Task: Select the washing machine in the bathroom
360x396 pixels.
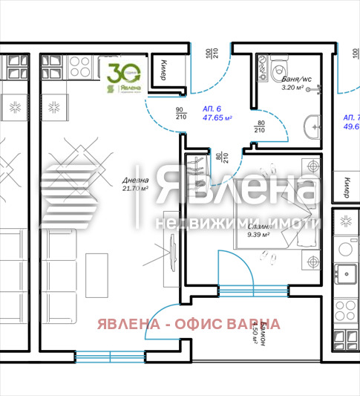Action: (x=264, y=68)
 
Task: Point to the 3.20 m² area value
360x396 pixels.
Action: (x=294, y=87)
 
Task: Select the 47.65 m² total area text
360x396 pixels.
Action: (x=217, y=117)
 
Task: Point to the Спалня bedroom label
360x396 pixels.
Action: (x=259, y=227)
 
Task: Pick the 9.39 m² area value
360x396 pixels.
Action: (x=258, y=236)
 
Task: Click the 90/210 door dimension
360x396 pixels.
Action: (x=179, y=114)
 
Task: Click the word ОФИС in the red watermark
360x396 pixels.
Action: (x=196, y=324)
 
